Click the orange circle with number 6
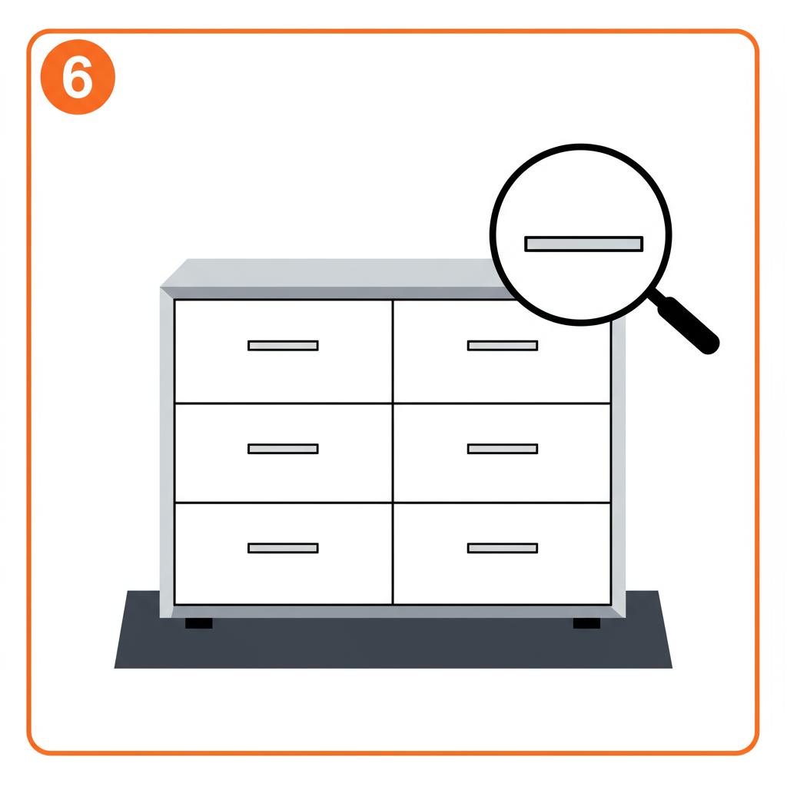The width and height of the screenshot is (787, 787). pos(78,77)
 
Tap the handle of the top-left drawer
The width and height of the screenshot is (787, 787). pos(283,345)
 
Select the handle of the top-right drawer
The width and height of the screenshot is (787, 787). pos(503,345)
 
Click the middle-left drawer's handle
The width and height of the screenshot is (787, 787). pos(283,449)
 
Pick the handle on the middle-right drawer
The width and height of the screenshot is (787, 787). pos(503,449)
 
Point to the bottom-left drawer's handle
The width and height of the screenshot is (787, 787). pos(283,548)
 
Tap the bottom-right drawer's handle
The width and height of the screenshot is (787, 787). pos(503,548)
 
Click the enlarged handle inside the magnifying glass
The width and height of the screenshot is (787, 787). pos(584,244)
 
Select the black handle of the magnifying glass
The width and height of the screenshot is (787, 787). pos(689,326)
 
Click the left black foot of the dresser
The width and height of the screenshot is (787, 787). pos(199,623)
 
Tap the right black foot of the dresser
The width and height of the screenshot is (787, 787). pos(586,623)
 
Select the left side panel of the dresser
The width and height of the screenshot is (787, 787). pos(166,453)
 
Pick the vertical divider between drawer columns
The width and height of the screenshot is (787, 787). pos(393,452)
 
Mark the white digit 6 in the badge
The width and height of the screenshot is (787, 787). pos(78,77)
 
